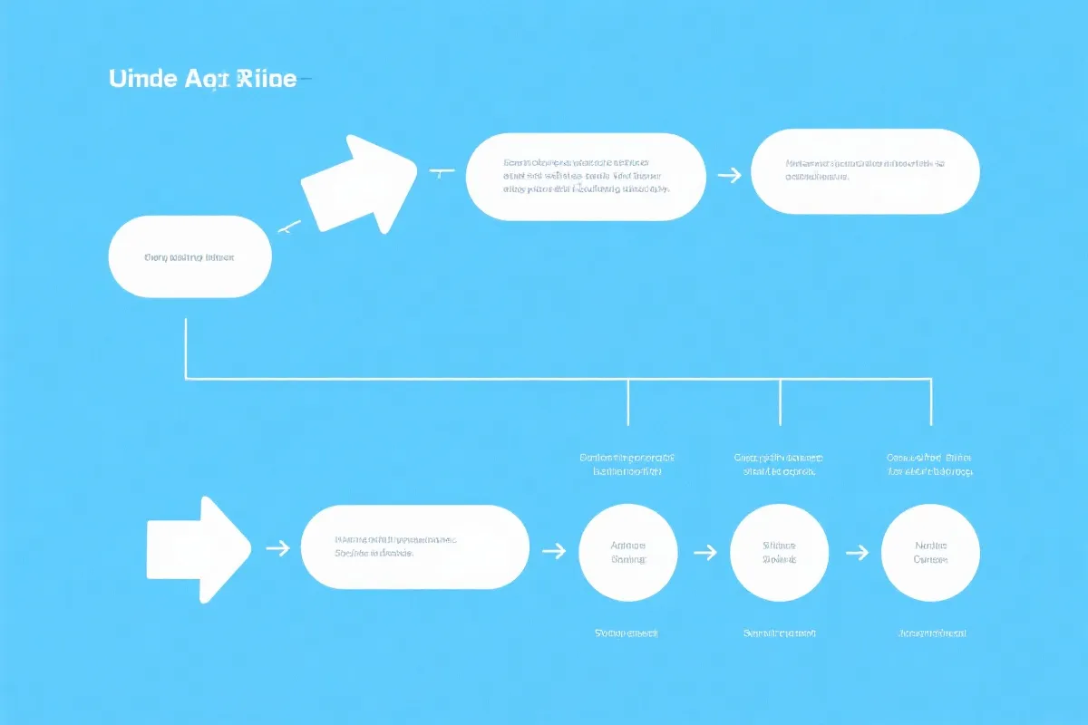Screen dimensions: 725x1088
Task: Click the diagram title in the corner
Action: (202, 79)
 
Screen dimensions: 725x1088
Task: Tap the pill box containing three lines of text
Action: (586, 177)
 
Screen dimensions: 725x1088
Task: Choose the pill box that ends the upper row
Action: (865, 171)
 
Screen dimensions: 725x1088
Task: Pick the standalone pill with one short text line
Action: (189, 256)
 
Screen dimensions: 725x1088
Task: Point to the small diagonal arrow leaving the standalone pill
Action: (288, 227)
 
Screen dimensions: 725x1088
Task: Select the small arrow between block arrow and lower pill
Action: (277, 548)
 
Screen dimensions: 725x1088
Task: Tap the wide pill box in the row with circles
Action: (414, 547)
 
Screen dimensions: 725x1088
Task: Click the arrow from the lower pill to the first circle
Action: (553, 550)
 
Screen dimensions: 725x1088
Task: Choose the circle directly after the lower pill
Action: (627, 553)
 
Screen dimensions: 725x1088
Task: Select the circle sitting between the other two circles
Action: (779, 553)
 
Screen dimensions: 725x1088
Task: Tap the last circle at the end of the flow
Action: (930, 553)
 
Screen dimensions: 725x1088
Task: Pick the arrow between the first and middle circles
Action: (704, 550)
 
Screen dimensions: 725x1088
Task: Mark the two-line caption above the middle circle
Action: (779, 465)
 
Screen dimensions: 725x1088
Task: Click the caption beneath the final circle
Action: (931, 633)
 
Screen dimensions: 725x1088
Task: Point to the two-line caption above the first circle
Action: (627, 465)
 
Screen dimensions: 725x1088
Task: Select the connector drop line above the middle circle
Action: (780, 401)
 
